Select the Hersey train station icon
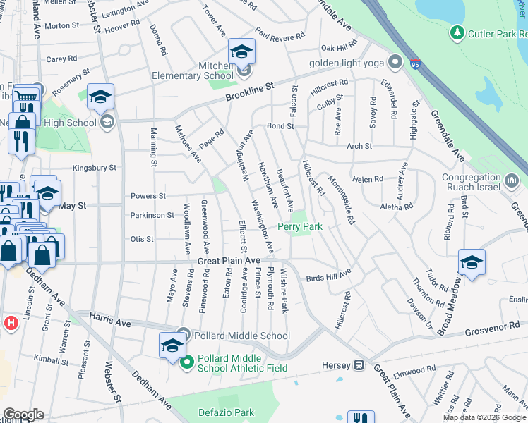point(359,364)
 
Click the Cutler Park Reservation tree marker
point(457,33)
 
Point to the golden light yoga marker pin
point(395,63)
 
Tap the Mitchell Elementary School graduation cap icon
point(241,52)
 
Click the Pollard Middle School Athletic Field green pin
point(186,363)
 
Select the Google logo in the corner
point(23,415)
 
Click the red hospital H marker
point(10,323)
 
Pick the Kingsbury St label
point(95,168)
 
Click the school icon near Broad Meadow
point(472,264)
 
